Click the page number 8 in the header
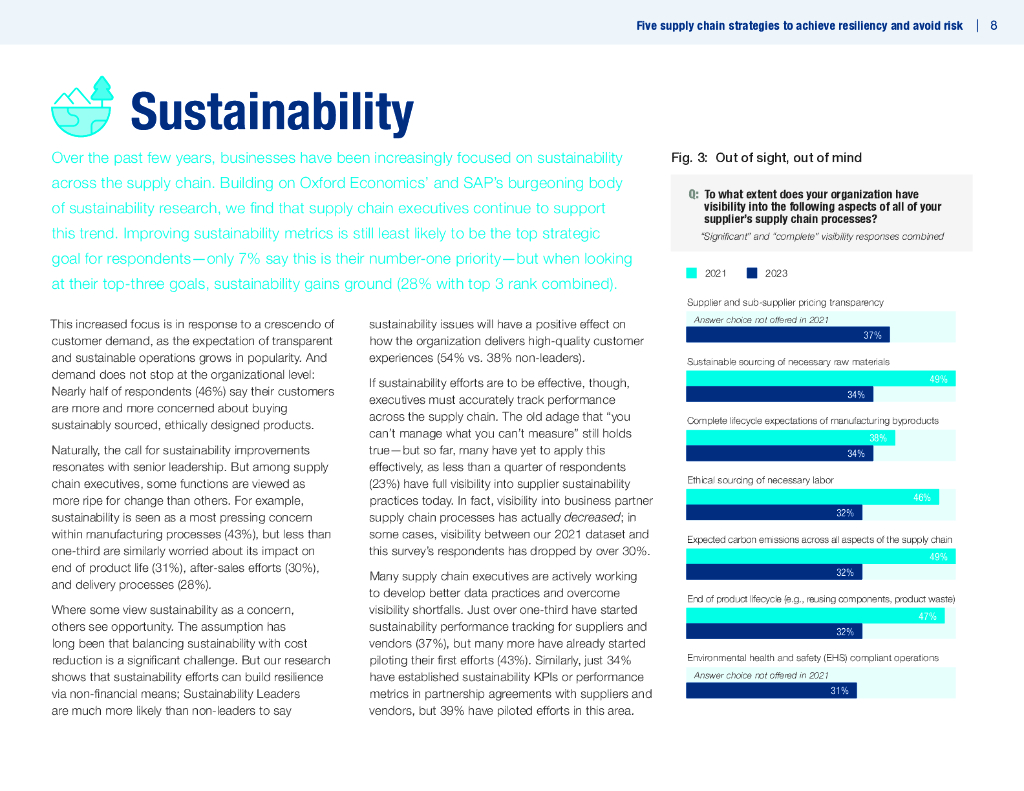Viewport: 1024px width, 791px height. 993,26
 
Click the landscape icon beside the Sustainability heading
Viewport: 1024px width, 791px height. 83,107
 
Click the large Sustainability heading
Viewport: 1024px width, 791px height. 271,111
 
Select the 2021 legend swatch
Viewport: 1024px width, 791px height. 691,272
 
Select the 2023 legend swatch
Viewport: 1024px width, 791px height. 752,272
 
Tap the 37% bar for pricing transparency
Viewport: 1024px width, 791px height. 787,335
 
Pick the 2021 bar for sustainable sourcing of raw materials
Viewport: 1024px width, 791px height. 819,379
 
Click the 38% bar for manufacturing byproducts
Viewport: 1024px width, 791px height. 790,438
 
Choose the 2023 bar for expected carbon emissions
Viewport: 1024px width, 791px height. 773,572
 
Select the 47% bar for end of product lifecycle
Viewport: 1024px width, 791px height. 815,616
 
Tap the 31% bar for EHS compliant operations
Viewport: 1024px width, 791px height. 771,690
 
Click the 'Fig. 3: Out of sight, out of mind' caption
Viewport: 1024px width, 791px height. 766,158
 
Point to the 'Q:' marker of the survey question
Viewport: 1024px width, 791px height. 693,195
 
